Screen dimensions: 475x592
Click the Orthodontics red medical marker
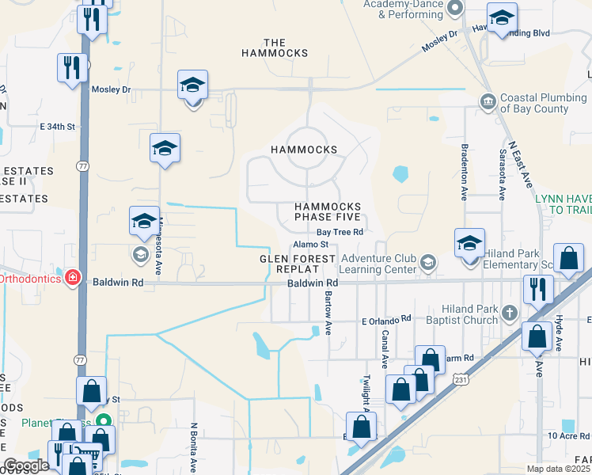(73, 278)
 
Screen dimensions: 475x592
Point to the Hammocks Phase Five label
(328, 211)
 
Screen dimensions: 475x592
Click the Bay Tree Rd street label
(340, 232)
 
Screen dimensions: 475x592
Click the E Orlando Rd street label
(387, 319)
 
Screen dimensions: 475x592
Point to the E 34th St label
(57, 126)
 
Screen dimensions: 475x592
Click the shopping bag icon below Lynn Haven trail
(568, 258)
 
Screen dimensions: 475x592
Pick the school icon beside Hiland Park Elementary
(469, 242)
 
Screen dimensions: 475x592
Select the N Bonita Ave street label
(193, 446)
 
